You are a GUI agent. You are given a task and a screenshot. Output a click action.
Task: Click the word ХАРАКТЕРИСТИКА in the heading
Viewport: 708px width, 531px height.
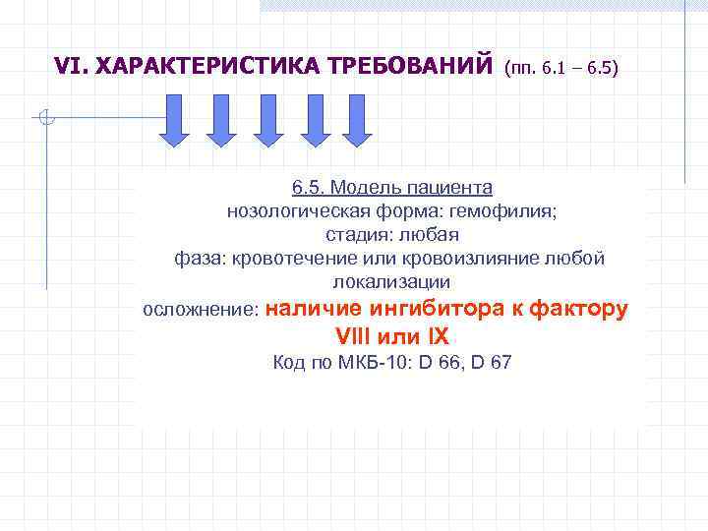point(190,67)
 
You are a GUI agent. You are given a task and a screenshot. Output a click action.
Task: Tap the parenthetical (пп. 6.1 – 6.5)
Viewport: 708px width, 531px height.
point(560,69)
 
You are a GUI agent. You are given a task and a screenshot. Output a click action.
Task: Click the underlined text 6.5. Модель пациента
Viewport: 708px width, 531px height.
point(391,187)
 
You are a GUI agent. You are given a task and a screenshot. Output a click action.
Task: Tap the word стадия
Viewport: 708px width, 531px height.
point(358,235)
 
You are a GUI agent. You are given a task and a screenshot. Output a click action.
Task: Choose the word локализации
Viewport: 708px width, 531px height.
point(391,282)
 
